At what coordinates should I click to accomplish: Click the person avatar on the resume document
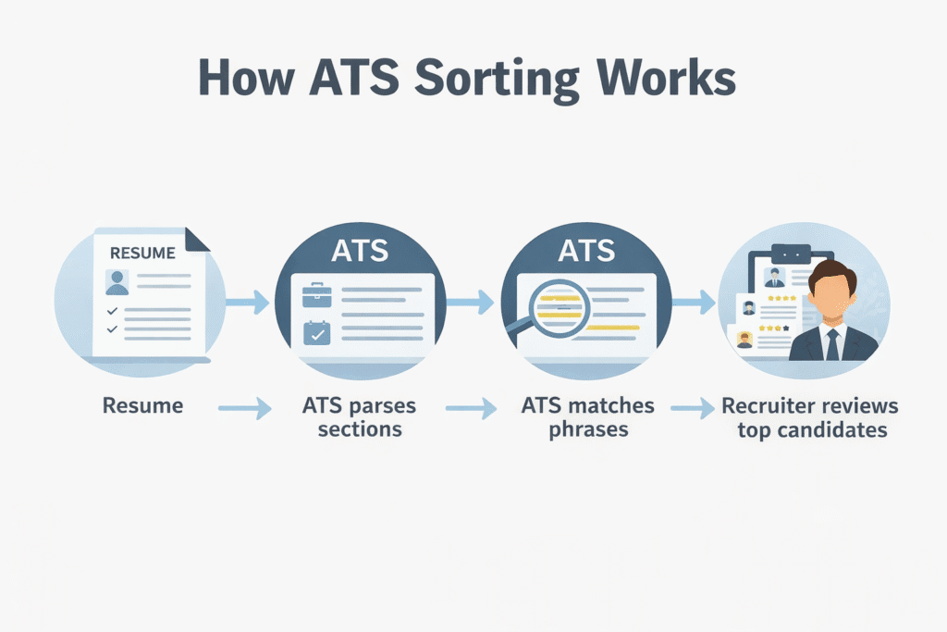pos(117,282)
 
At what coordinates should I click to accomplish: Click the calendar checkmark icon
pos(316,332)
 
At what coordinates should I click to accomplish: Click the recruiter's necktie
pos(832,343)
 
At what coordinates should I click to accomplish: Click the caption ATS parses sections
pos(359,417)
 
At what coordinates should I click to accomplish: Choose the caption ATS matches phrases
pos(587,417)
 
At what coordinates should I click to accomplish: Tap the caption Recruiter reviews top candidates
pos(809,417)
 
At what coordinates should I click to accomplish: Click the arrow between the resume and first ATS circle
pos(246,301)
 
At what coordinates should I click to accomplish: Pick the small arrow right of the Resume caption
pos(245,407)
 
